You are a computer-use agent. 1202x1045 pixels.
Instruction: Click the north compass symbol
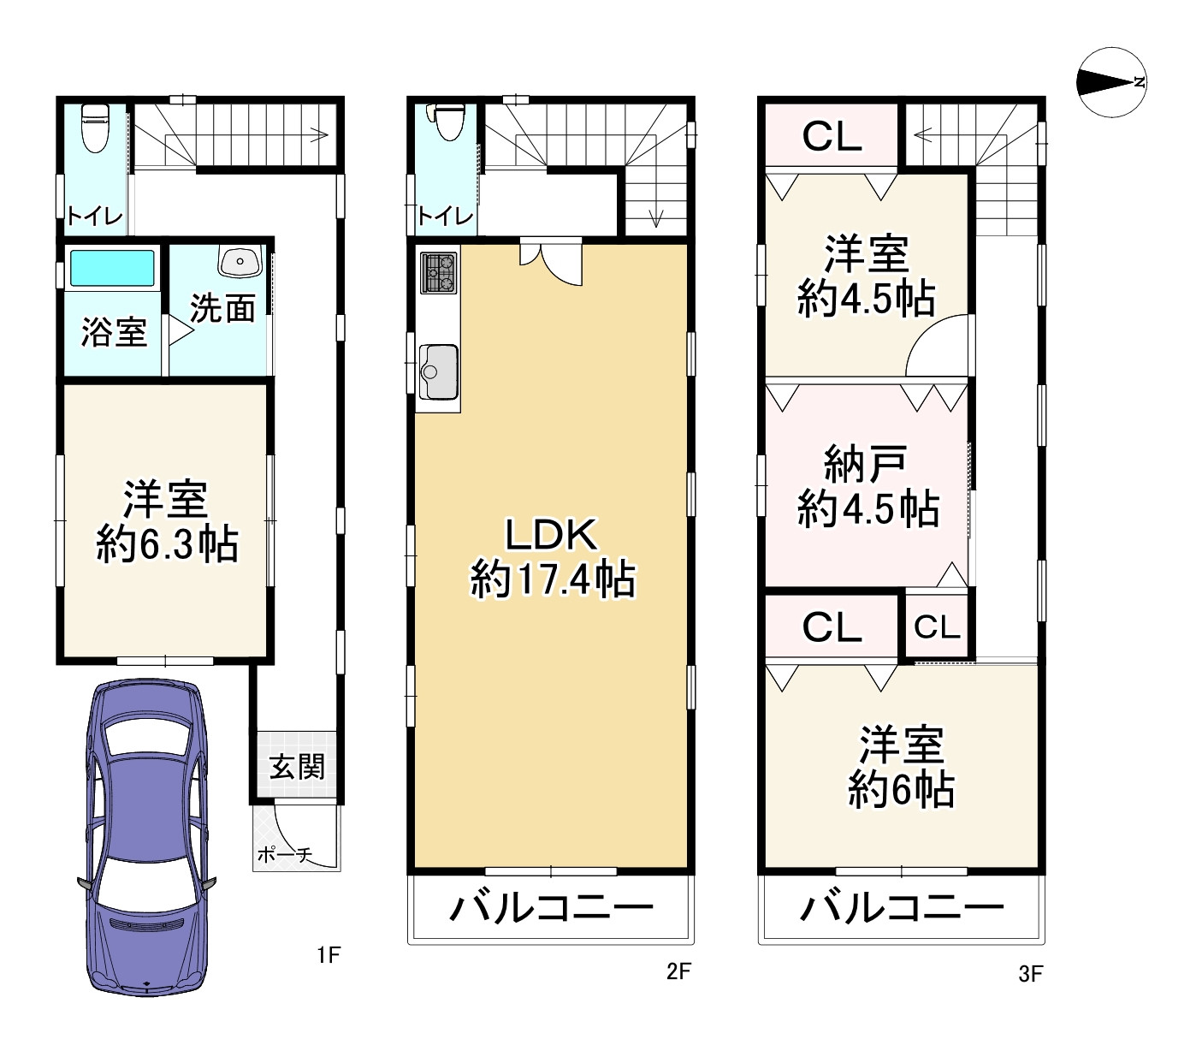1111,82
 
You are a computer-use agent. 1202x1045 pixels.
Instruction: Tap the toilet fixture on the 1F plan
93,127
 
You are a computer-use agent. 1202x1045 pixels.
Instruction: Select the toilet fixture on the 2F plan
445,122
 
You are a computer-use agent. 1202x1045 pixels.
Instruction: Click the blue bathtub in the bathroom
111,268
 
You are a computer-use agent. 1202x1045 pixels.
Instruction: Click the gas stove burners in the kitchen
439,273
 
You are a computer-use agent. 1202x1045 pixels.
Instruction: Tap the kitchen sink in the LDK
438,371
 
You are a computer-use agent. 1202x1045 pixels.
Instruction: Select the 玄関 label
297,766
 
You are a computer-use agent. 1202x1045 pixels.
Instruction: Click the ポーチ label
284,854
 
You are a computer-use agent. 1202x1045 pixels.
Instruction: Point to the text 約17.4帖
553,580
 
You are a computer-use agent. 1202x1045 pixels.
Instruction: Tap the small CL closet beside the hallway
937,627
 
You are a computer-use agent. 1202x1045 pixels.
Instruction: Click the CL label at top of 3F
832,135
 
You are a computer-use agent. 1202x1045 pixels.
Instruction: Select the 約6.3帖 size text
167,543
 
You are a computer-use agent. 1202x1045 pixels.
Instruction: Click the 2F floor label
678,971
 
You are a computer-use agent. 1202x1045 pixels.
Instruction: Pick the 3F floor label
1031,973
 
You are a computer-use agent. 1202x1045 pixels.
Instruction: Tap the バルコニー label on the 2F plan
552,908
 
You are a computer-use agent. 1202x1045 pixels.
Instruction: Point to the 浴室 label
114,332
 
